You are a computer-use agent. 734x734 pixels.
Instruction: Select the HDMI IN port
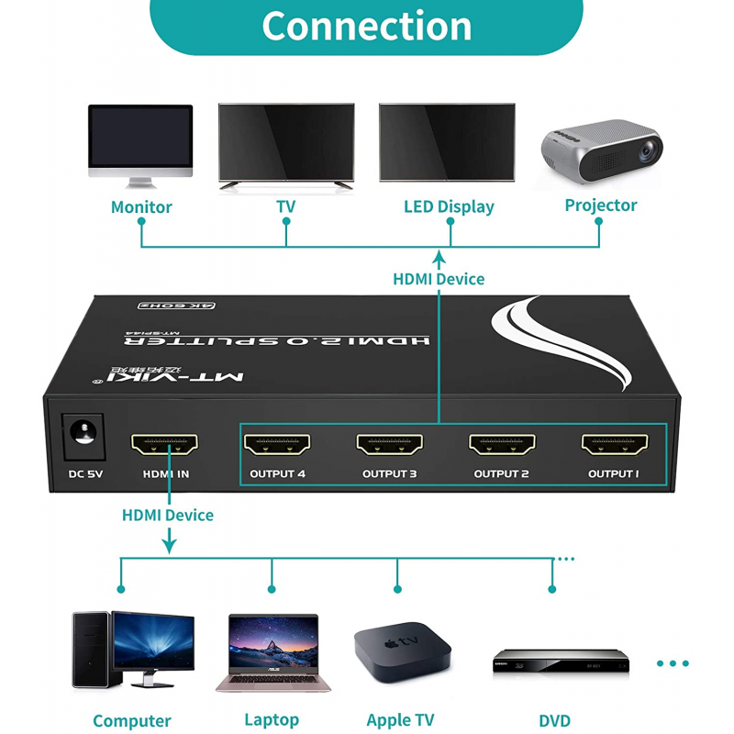click(x=165, y=444)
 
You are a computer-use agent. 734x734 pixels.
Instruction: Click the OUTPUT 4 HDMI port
click(x=277, y=444)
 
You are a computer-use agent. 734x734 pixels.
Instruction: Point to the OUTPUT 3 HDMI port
click(x=389, y=444)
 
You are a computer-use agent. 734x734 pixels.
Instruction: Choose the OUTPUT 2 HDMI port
click(x=502, y=444)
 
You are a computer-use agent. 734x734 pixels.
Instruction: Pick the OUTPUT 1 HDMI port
click(x=614, y=444)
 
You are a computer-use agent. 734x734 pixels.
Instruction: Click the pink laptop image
click(x=272, y=651)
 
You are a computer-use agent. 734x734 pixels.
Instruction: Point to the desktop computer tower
click(x=91, y=649)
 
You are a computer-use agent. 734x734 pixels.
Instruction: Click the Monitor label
click(x=141, y=207)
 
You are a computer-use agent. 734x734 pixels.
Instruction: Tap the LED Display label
click(x=449, y=207)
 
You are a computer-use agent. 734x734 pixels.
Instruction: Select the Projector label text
click(x=600, y=206)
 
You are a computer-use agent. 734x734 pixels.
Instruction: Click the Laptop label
click(x=272, y=720)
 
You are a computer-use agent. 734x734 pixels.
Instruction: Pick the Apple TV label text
click(x=400, y=720)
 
